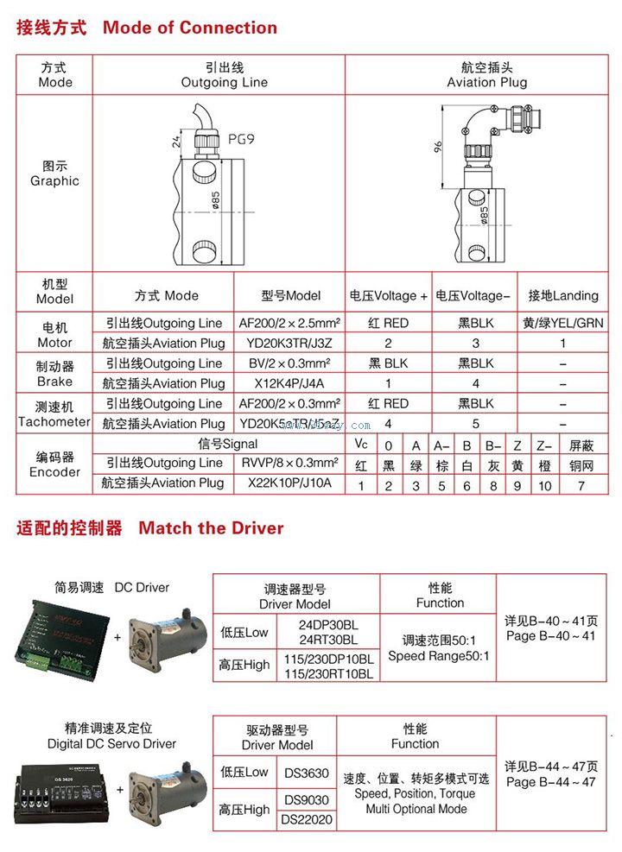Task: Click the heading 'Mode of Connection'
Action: pos(190,28)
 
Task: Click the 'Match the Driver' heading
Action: pos(211,527)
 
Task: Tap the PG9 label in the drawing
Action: pos(241,137)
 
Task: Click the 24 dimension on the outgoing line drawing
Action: pos(176,141)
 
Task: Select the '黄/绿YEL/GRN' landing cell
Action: pos(563,324)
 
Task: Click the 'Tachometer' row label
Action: pos(54,421)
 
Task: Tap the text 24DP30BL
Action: pos(328,624)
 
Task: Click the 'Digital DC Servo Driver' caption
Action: pos(111,743)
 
